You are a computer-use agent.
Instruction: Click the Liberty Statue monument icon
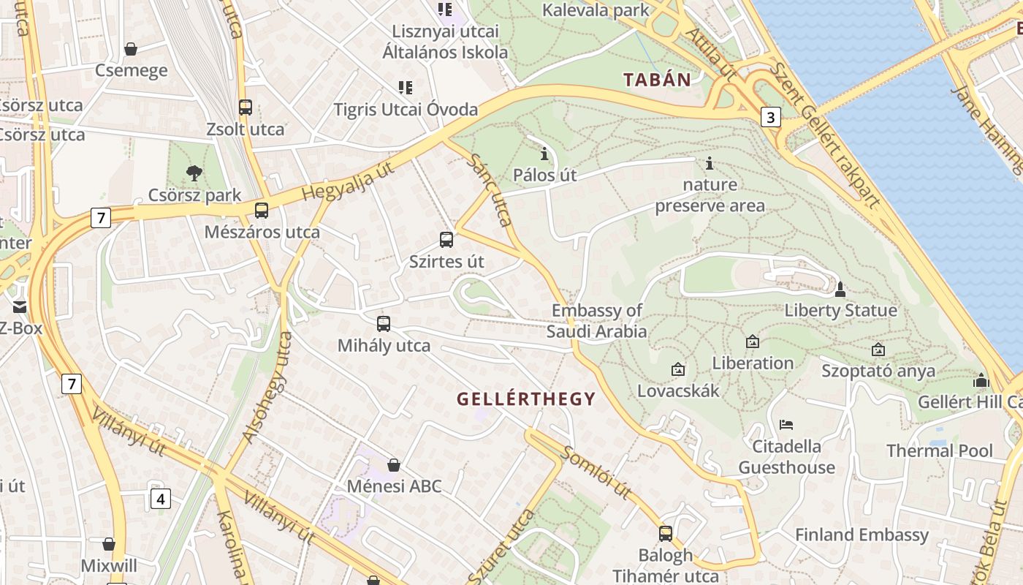click(x=840, y=290)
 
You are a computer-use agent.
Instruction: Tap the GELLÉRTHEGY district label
click(x=526, y=399)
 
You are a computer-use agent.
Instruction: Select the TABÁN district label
click(x=657, y=80)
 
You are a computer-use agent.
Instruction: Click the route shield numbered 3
click(x=770, y=117)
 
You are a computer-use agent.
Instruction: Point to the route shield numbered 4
click(x=161, y=499)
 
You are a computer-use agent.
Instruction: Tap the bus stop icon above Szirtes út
click(x=446, y=239)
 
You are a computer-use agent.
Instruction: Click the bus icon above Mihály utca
click(x=384, y=323)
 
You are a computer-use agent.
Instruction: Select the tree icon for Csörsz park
click(x=194, y=173)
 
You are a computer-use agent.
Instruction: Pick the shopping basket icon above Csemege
click(x=131, y=49)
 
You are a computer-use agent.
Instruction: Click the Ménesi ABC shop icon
click(x=394, y=464)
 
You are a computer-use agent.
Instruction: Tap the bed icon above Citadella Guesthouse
click(x=786, y=424)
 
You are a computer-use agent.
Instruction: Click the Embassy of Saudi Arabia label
click(x=597, y=321)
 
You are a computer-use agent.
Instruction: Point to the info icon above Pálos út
click(x=544, y=154)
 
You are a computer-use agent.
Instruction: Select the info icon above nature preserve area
click(x=709, y=163)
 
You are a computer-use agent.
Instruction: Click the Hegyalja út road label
click(x=347, y=181)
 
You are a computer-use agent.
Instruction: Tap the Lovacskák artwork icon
click(x=678, y=369)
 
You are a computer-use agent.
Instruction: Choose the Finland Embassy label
click(x=862, y=535)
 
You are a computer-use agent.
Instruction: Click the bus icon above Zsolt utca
click(x=246, y=107)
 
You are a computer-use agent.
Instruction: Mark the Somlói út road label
click(x=596, y=472)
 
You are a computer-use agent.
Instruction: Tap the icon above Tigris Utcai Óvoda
click(x=406, y=88)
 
